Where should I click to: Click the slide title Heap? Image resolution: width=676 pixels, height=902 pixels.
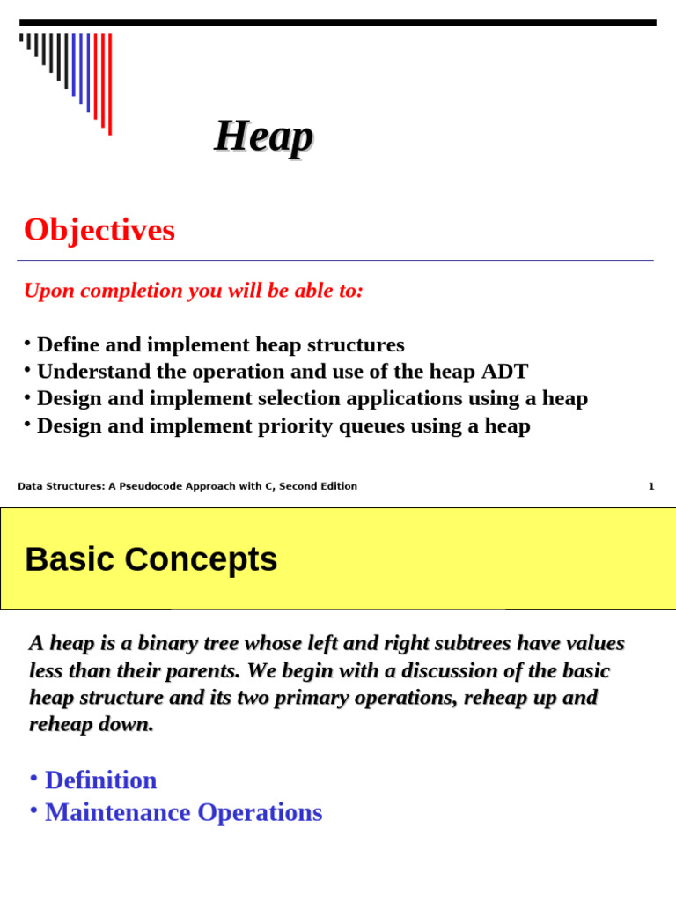(x=263, y=137)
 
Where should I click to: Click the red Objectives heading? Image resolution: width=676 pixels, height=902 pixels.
(x=99, y=230)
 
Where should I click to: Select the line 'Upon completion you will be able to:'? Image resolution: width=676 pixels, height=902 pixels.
(x=193, y=291)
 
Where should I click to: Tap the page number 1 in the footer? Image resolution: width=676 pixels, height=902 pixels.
(x=651, y=486)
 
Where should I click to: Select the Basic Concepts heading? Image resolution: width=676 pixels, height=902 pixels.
(x=151, y=559)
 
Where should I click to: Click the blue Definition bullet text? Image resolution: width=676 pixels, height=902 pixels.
(x=100, y=780)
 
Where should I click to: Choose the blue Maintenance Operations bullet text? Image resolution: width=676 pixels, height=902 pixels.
(x=183, y=812)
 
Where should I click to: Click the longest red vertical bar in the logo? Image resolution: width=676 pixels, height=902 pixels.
(x=110, y=85)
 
